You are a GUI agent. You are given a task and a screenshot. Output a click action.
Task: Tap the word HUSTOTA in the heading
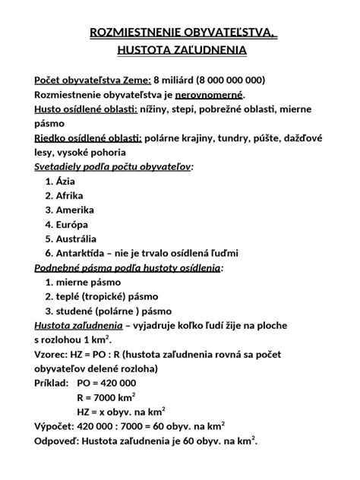[148, 50]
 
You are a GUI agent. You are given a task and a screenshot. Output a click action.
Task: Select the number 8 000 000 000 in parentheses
[231, 81]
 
